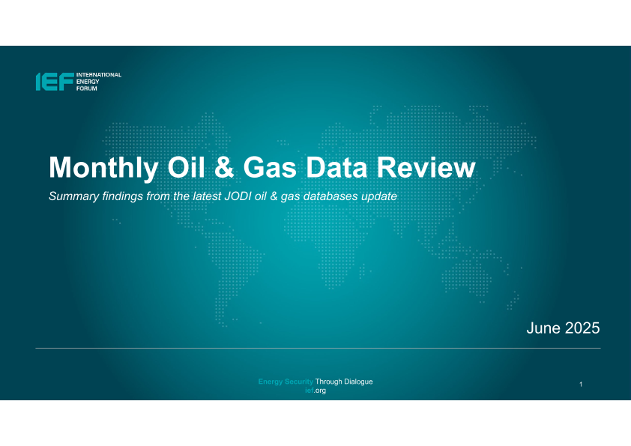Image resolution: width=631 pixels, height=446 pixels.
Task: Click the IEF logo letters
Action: (55, 82)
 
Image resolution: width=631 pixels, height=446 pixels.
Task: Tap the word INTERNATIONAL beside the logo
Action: (99, 75)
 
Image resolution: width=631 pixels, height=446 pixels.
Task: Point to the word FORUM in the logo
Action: (86, 88)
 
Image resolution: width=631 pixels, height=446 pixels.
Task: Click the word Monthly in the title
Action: (103, 168)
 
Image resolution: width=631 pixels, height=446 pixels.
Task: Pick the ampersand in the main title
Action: (224, 167)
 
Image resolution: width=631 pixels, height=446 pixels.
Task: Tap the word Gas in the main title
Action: (270, 167)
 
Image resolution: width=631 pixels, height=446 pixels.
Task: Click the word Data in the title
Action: (336, 167)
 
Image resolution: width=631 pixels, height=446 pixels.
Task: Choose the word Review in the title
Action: (426, 167)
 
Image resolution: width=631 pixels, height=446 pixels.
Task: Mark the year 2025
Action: (582, 328)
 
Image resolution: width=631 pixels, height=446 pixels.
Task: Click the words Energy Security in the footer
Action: (286, 382)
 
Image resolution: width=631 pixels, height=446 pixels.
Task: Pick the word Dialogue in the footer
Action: (358, 382)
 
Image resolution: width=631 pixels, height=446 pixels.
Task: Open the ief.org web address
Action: (315, 391)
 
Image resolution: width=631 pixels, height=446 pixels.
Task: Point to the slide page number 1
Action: (581, 385)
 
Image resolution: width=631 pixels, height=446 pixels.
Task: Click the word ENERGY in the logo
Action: (88, 82)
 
